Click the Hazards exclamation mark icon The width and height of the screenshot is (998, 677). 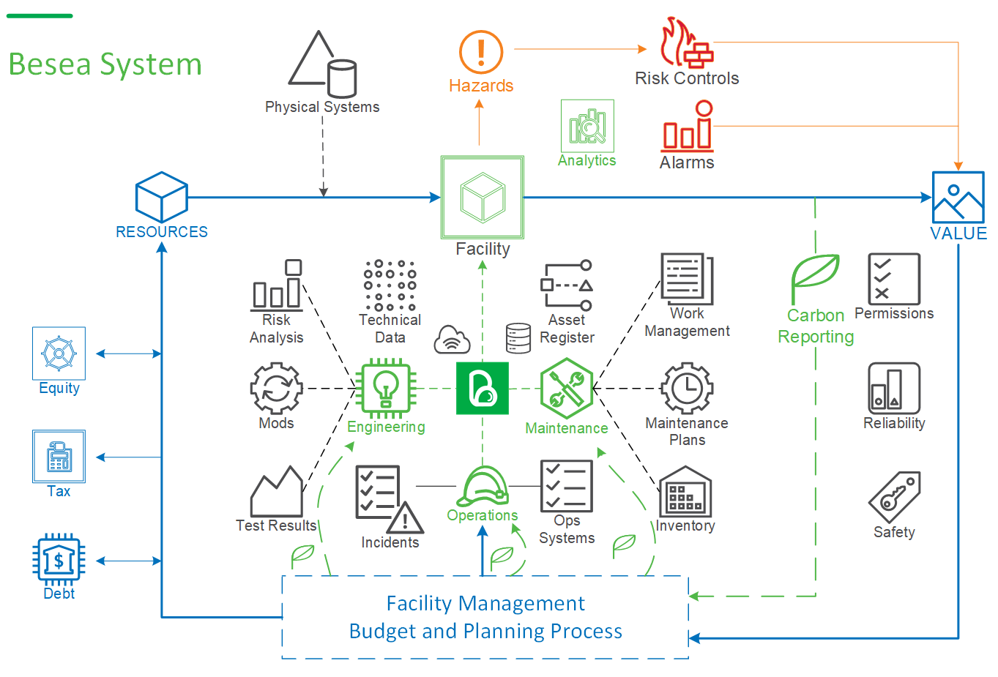(481, 52)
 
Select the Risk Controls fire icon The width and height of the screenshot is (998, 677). (686, 43)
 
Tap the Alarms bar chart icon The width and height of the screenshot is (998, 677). (688, 127)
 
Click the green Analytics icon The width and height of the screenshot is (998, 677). (587, 126)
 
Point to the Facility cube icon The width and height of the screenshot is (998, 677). (483, 197)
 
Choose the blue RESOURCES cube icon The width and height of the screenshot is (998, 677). (162, 197)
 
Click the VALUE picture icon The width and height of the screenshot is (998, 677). (958, 198)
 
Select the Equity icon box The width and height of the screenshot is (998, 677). (59, 354)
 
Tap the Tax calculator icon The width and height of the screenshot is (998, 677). (59, 457)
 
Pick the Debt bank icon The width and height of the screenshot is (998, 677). (59, 560)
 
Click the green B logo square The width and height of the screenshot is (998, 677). (483, 388)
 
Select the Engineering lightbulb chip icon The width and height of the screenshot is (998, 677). (386, 388)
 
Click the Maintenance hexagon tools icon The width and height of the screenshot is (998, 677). (567, 388)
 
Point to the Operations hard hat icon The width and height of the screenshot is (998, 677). (483, 486)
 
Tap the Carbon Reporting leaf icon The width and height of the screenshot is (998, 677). (815, 278)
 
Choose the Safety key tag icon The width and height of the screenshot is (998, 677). (894, 498)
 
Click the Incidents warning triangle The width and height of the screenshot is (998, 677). (404, 517)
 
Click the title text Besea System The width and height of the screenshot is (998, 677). (105, 64)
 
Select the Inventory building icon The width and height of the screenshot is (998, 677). (685, 492)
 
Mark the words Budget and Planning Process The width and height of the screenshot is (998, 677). (485, 631)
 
